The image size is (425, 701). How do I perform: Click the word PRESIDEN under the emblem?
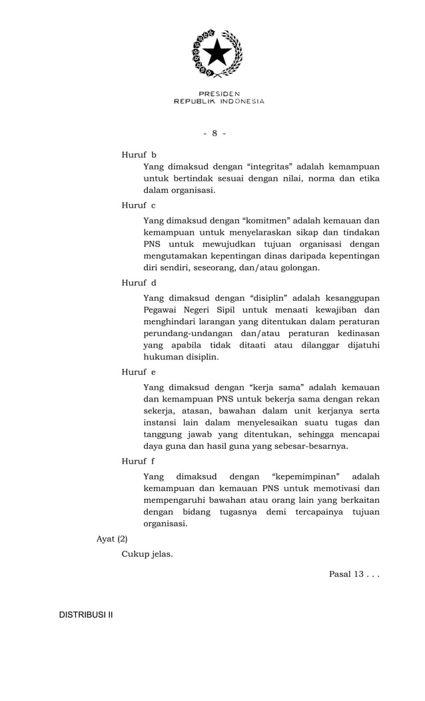(219, 93)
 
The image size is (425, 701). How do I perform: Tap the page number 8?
(214, 133)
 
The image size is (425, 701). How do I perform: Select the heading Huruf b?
(139, 155)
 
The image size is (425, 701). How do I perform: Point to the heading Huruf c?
(139, 205)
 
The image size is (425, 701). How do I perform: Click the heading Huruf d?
(139, 283)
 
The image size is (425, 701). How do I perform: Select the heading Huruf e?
(139, 372)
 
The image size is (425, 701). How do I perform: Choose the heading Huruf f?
(139, 461)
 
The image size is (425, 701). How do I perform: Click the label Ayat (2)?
(112, 538)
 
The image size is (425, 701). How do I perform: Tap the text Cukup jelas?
(147, 554)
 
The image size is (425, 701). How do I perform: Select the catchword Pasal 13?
(346, 574)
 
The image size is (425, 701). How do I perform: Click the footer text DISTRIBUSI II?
(86, 614)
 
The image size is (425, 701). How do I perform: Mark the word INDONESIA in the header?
(241, 101)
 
